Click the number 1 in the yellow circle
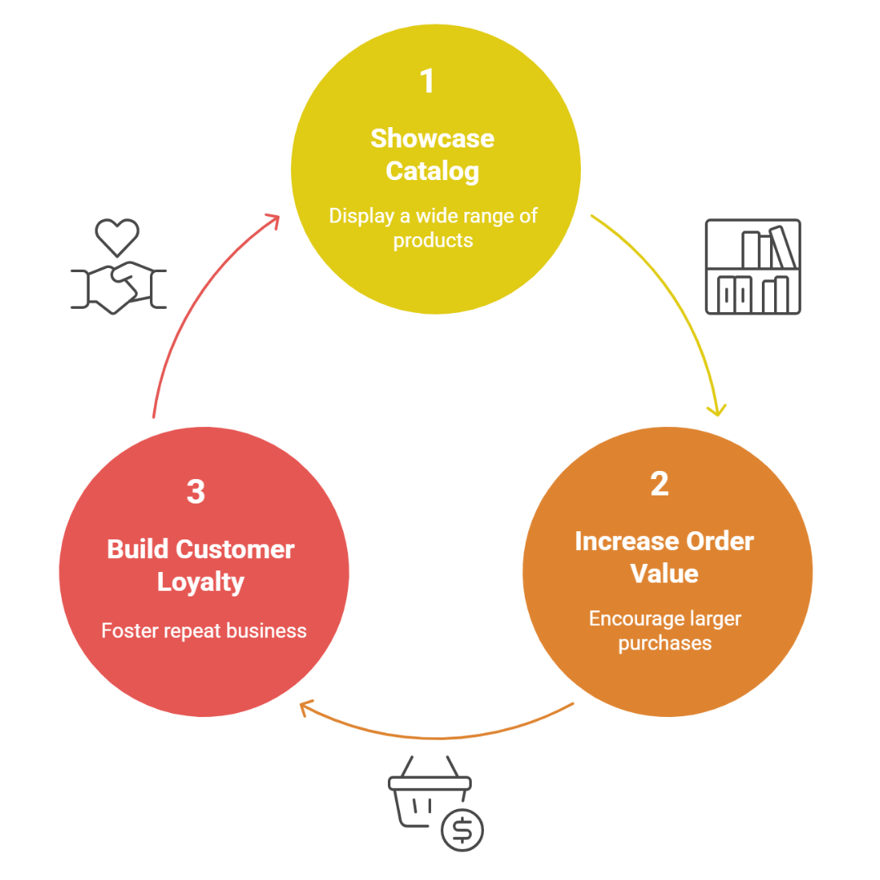pyautogui.click(x=427, y=81)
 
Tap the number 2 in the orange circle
pyautogui.click(x=659, y=484)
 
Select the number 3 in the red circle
pyautogui.click(x=196, y=492)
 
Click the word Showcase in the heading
pyautogui.click(x=432, y=139)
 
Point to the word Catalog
pyautogui.click(x=432, y=171)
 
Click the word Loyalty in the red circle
pyautogui.click(x=200, y=582)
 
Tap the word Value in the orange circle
pyautogui.click(x=664, y=574)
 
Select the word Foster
pyautogui.click(x=127, y=631)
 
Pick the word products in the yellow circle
pyautogui.click(x=433, y=240)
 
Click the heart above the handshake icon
pyautogui.click(x=117, y=236)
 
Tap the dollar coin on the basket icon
pyautogui.click(x=462, y=830)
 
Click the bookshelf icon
pyautogui.click(x=753, y=266)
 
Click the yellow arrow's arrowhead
pyautogui.click(x=716, y=409)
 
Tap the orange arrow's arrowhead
pyautogui.click(x=306, y=707)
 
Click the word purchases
pyautogui.click(x=664, y=643)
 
